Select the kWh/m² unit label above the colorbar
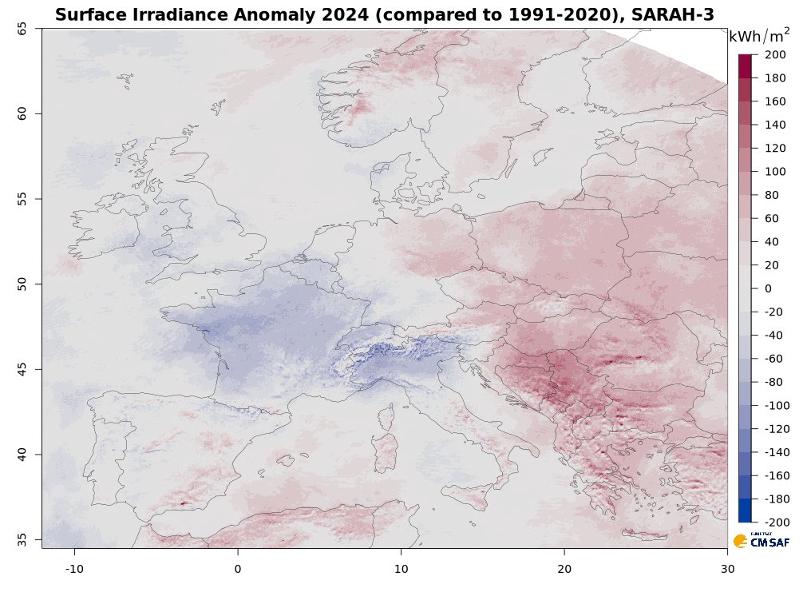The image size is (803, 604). (759, 37)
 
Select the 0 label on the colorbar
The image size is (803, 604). (768, 288)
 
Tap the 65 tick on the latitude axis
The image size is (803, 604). (22, 28)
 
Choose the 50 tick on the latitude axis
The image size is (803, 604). (22, 284)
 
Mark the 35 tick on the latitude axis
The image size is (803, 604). (22, 539)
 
